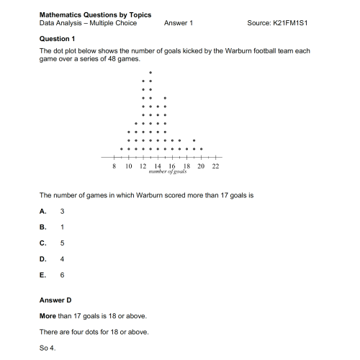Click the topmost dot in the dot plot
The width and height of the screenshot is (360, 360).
(x=150, y=73)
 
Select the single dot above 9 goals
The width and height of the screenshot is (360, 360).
(x=122, y=149)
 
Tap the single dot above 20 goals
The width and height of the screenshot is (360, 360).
(x=202, y=149)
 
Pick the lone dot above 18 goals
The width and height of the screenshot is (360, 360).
(x=187, y=149)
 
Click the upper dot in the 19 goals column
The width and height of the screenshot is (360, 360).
(x=194, y=140)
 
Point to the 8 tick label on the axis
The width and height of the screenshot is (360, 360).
(x=114, y=166)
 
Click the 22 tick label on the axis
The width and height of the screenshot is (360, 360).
(x=215, y=166)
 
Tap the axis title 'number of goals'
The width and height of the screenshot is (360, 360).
(x=168, y=173)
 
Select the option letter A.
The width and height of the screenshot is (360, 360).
(x=43, y=211)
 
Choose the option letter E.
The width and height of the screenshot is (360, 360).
(x=43, y=275)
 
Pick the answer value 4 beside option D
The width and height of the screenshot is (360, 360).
(x=63, y=259)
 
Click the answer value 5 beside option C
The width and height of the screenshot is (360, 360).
(x=63, y=243)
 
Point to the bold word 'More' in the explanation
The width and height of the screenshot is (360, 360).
(x=48, y=316)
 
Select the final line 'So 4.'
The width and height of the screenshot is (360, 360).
(x=48, y=348)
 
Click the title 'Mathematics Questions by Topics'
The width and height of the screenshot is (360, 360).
(x=85, y=14)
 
